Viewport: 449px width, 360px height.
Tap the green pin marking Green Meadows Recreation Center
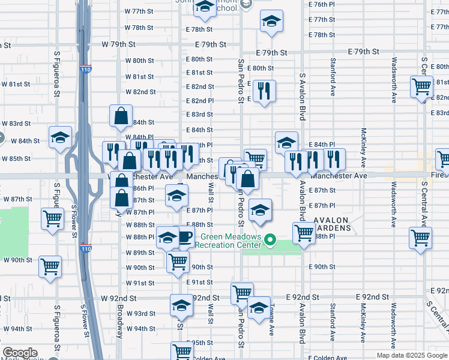(x=270, y=241)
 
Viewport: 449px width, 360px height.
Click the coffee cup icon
(x=184, y=236)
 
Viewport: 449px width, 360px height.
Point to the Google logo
(x=20, y=353)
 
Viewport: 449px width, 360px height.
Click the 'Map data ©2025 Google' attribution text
(x=412, y=355)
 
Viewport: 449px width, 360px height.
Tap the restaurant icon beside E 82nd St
(x=264, y=91)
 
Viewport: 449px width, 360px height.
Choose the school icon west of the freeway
(x=60, y=137)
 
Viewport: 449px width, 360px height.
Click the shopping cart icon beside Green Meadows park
(x=304, y=233)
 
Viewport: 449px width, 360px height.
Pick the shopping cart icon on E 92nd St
(x=242, y=293)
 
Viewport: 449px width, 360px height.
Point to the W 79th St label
(x=119, y=44)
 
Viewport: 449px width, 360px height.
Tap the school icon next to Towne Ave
(x=259, y=308)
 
